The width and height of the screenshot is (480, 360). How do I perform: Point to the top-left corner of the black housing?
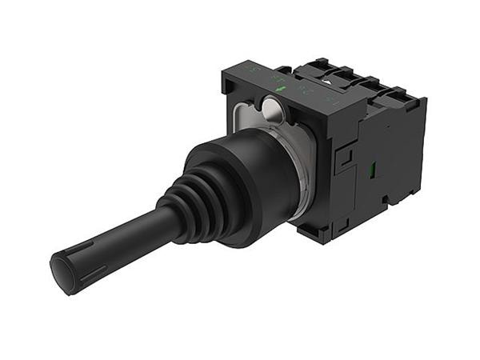click(x=226, y=73)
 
